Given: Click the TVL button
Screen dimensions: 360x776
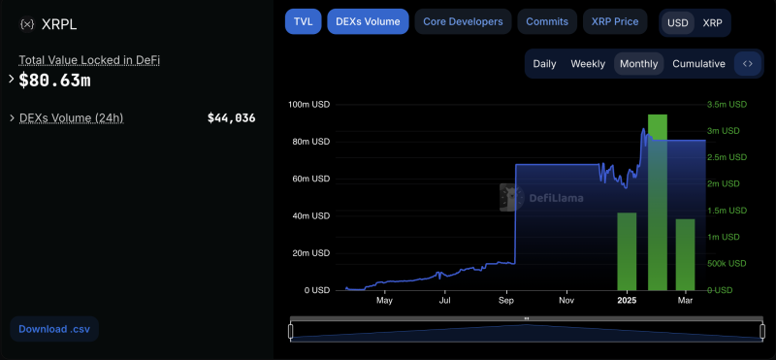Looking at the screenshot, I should click(x=302, y=21).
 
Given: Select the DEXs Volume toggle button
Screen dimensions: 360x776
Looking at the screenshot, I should click(x=368, y=21).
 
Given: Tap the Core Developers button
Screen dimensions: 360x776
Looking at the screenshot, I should click(x=463, y=21).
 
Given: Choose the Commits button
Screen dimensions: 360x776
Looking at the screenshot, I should click(x=547, y=21).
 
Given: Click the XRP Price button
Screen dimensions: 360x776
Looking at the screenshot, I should click(x=614, y=21).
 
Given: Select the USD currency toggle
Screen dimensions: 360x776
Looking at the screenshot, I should click(x=678, y=22).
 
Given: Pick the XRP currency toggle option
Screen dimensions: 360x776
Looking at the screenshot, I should click(x=712, y=22).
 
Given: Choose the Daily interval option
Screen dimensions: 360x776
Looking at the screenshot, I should click(x=544, y=64).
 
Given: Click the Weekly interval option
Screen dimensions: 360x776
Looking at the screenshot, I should click(x=588, y=64).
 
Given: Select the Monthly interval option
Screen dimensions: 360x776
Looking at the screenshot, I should click(x=638, y=64).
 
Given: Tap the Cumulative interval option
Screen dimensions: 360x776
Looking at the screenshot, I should click(x=698, y=64).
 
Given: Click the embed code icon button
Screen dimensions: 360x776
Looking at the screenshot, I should click(x=748, y=64).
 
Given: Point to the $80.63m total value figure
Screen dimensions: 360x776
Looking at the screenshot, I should click(x=54, y=80).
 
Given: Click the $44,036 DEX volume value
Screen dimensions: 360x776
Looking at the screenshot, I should click(x=231, y=118).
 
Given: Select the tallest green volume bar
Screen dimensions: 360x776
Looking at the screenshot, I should click(x=657, y=202).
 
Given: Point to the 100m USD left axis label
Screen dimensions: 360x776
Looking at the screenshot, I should click(x=309, y=104).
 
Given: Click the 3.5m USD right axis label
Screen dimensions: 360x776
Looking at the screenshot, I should click(x=726, y=104).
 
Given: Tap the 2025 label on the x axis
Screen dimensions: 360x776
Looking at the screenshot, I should click(x=626, y=301).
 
